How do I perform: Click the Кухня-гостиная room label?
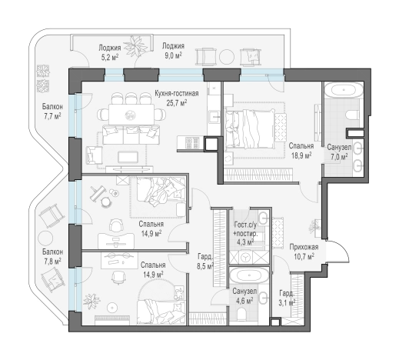click(x=177, y=93)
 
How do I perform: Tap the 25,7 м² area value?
click(x=177, y=103)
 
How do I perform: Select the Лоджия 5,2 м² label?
click(x=110, y=52)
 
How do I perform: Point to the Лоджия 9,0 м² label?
click(x=173, y=51)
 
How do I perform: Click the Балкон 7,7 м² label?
click(x=52, y=111)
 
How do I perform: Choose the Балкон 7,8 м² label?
click(x=52, y=256)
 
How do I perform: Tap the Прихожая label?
click(x=304, y=247)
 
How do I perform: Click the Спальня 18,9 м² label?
click(x=301, y=150)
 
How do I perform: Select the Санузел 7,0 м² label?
click(x=339, y=152)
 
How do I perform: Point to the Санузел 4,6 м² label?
click(x=244, y=295)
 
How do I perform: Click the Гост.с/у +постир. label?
click(x=245, y=229)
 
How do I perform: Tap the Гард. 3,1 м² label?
click(x=287, y=298)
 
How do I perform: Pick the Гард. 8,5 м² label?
click(x=205, y=262)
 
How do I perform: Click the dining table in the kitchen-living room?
click(x=131, y=115)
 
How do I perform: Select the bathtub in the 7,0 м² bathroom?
click(x=344, y=91)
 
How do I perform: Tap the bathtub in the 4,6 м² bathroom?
click(x=249, y=275)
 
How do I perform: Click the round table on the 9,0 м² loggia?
click(x=227, y=56)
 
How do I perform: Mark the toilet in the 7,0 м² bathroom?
click(x=353, y=115)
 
